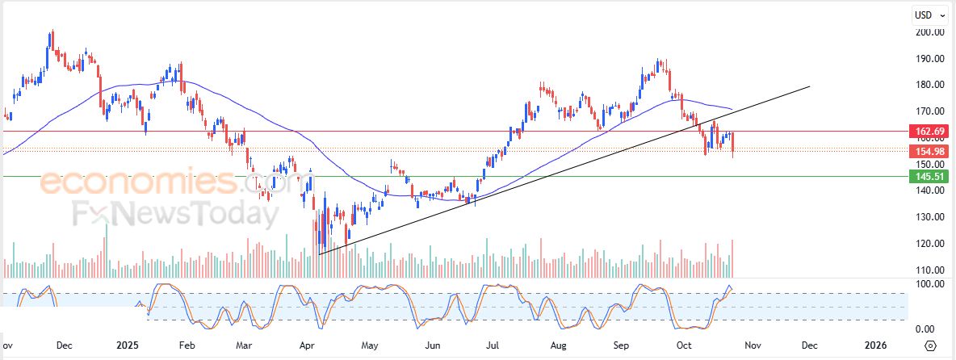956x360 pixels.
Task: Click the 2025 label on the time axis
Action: [x=128, y=345]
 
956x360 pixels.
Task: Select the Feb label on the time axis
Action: [x=187, y=345]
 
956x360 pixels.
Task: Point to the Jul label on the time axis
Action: [x=491, y=345]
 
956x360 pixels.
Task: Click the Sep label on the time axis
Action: [x=622, y=345]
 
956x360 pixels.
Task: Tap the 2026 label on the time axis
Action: [x=875, y=345]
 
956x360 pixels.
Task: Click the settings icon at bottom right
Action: [x=930, y=345]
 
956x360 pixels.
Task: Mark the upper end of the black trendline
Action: [x=809, y=86]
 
